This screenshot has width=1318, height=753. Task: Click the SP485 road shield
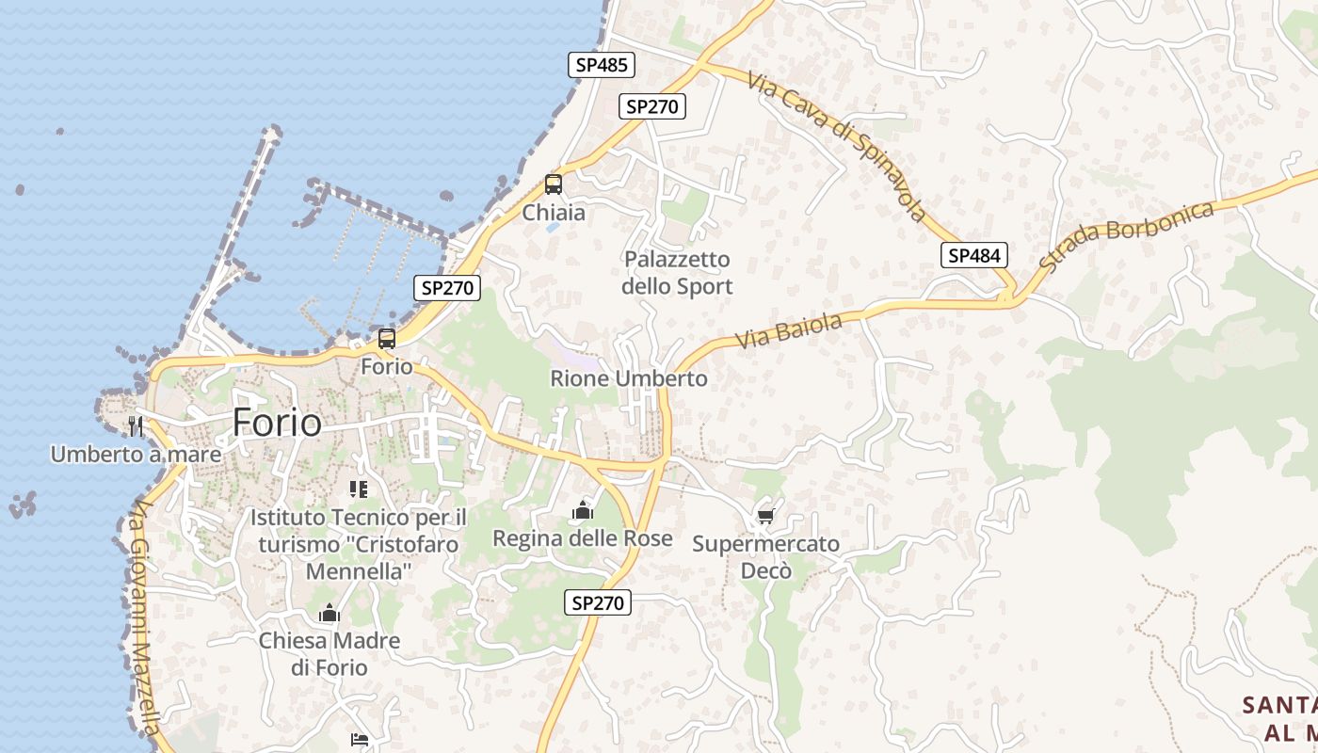602,65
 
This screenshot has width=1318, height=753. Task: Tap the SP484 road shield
974,255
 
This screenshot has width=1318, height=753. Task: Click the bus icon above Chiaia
554,184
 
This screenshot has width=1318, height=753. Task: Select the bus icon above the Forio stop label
387,339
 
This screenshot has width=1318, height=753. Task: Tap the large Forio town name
277,423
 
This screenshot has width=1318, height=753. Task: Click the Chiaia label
554,213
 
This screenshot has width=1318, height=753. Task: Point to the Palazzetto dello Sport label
677,272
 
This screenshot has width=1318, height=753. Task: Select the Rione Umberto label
629,378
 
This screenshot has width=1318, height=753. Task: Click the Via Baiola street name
789,331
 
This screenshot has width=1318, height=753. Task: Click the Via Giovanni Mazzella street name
142,617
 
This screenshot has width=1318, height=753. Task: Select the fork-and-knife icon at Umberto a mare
136,426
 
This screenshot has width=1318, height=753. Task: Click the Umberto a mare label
136,455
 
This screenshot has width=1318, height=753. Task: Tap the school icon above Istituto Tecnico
358,489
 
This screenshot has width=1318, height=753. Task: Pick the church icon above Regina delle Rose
583,511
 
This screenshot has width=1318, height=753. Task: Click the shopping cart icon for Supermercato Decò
765,517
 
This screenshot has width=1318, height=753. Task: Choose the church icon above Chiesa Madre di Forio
329,614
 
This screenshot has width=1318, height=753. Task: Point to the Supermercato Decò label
765,557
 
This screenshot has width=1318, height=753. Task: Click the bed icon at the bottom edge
359,740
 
